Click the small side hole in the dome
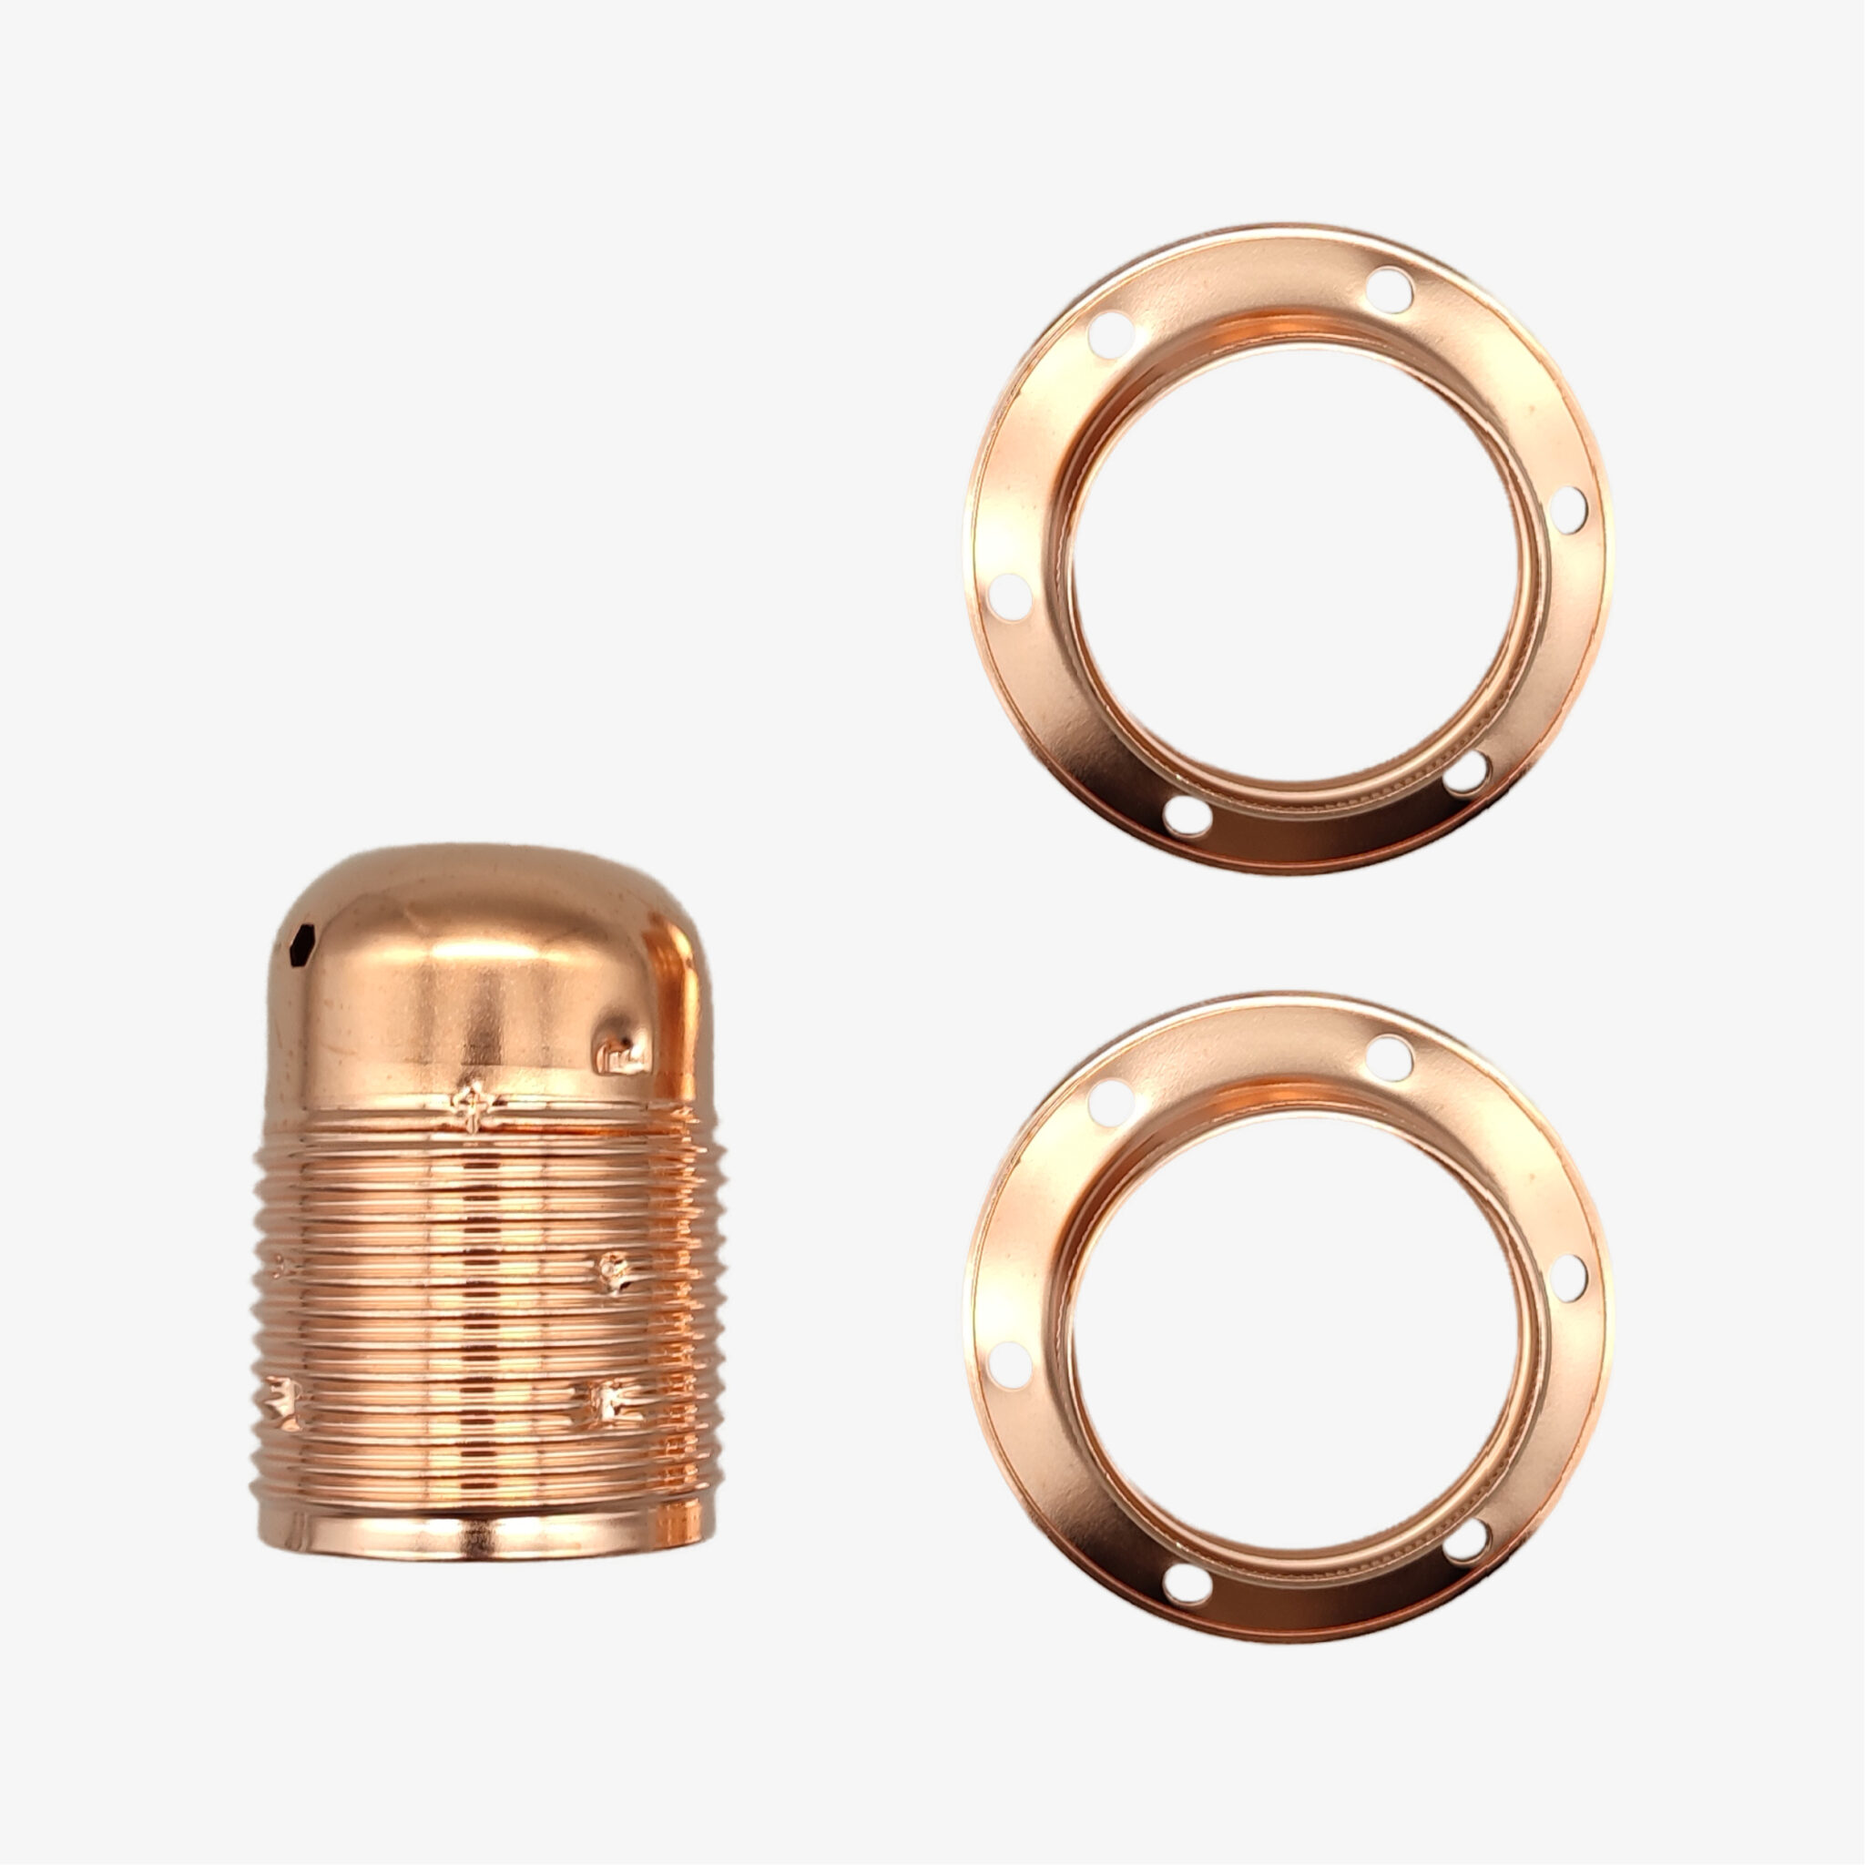(x=302, y=937)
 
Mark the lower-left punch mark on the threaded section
(x=285, y=1401)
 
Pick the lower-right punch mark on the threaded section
(x=609, y=1401)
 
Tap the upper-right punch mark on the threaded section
(x=612, y=1270)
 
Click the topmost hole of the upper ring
(x=1389, y=289)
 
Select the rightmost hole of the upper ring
(x=1568, y=510)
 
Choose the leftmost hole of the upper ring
(x=1011, y=596)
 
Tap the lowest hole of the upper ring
(x=1187, y=816)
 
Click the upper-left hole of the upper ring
(x=1110, y=333)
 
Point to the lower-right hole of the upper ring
(x=1468, y=772)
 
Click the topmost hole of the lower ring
(x=1389, y=1056)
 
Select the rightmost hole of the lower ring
(x=1568, y=1277)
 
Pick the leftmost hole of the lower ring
(x=1011, y=1364)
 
